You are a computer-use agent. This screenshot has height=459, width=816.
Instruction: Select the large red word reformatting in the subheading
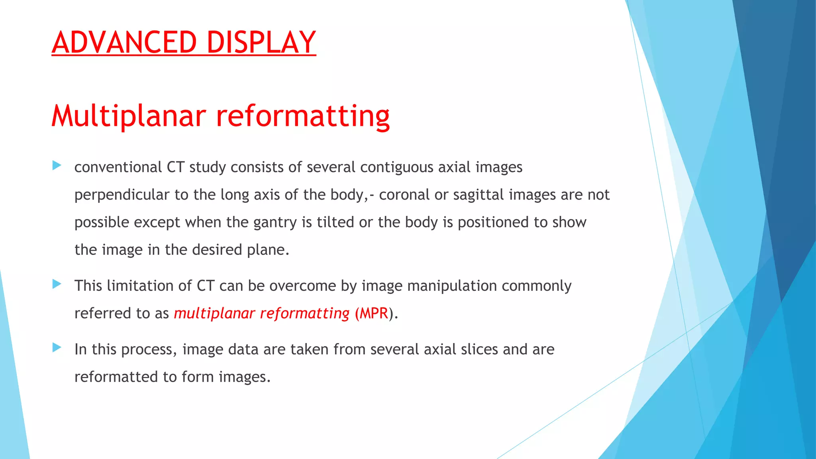[x=303, y=116]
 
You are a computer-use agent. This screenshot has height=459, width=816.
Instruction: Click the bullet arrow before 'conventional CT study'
[x=57, y=165]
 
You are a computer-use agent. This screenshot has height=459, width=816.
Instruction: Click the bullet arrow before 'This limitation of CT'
[x=57, y=284]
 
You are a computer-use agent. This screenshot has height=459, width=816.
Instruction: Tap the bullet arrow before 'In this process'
[x=57, y=348]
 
